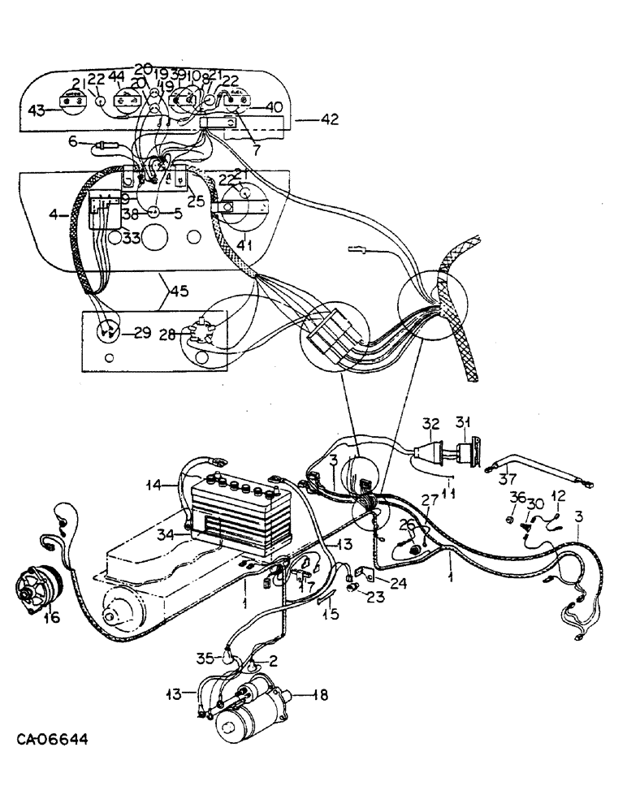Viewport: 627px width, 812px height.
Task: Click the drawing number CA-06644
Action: (x=52, y=741)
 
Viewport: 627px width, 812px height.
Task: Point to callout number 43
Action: (x=36, y=111)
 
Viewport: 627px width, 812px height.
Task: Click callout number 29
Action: (x=142, y=333)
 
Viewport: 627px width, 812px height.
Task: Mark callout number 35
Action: (x=204, y=658)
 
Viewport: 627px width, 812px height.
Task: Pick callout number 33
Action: (x=131, y=239)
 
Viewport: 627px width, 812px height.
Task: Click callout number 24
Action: (x=397, y=581)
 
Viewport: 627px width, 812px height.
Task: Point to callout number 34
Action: (x=166, y=533)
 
